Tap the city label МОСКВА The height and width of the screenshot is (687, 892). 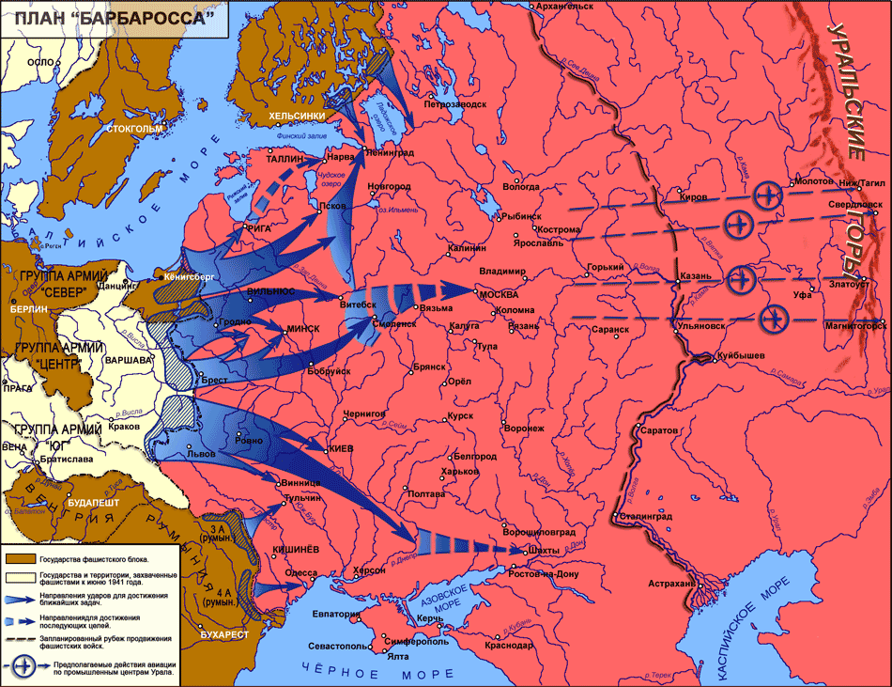[x=499, y=293]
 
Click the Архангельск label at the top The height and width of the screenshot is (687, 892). [x=563, y=6]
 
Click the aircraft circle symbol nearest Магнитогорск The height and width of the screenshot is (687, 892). [x=775, y=319]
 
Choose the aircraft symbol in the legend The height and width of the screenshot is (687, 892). [x=23, y=668]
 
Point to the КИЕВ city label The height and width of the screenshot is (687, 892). [x=340, y=449]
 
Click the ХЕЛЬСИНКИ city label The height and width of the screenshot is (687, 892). [x=298, y=116]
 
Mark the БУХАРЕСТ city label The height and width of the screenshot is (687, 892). [x=224, y=634]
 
